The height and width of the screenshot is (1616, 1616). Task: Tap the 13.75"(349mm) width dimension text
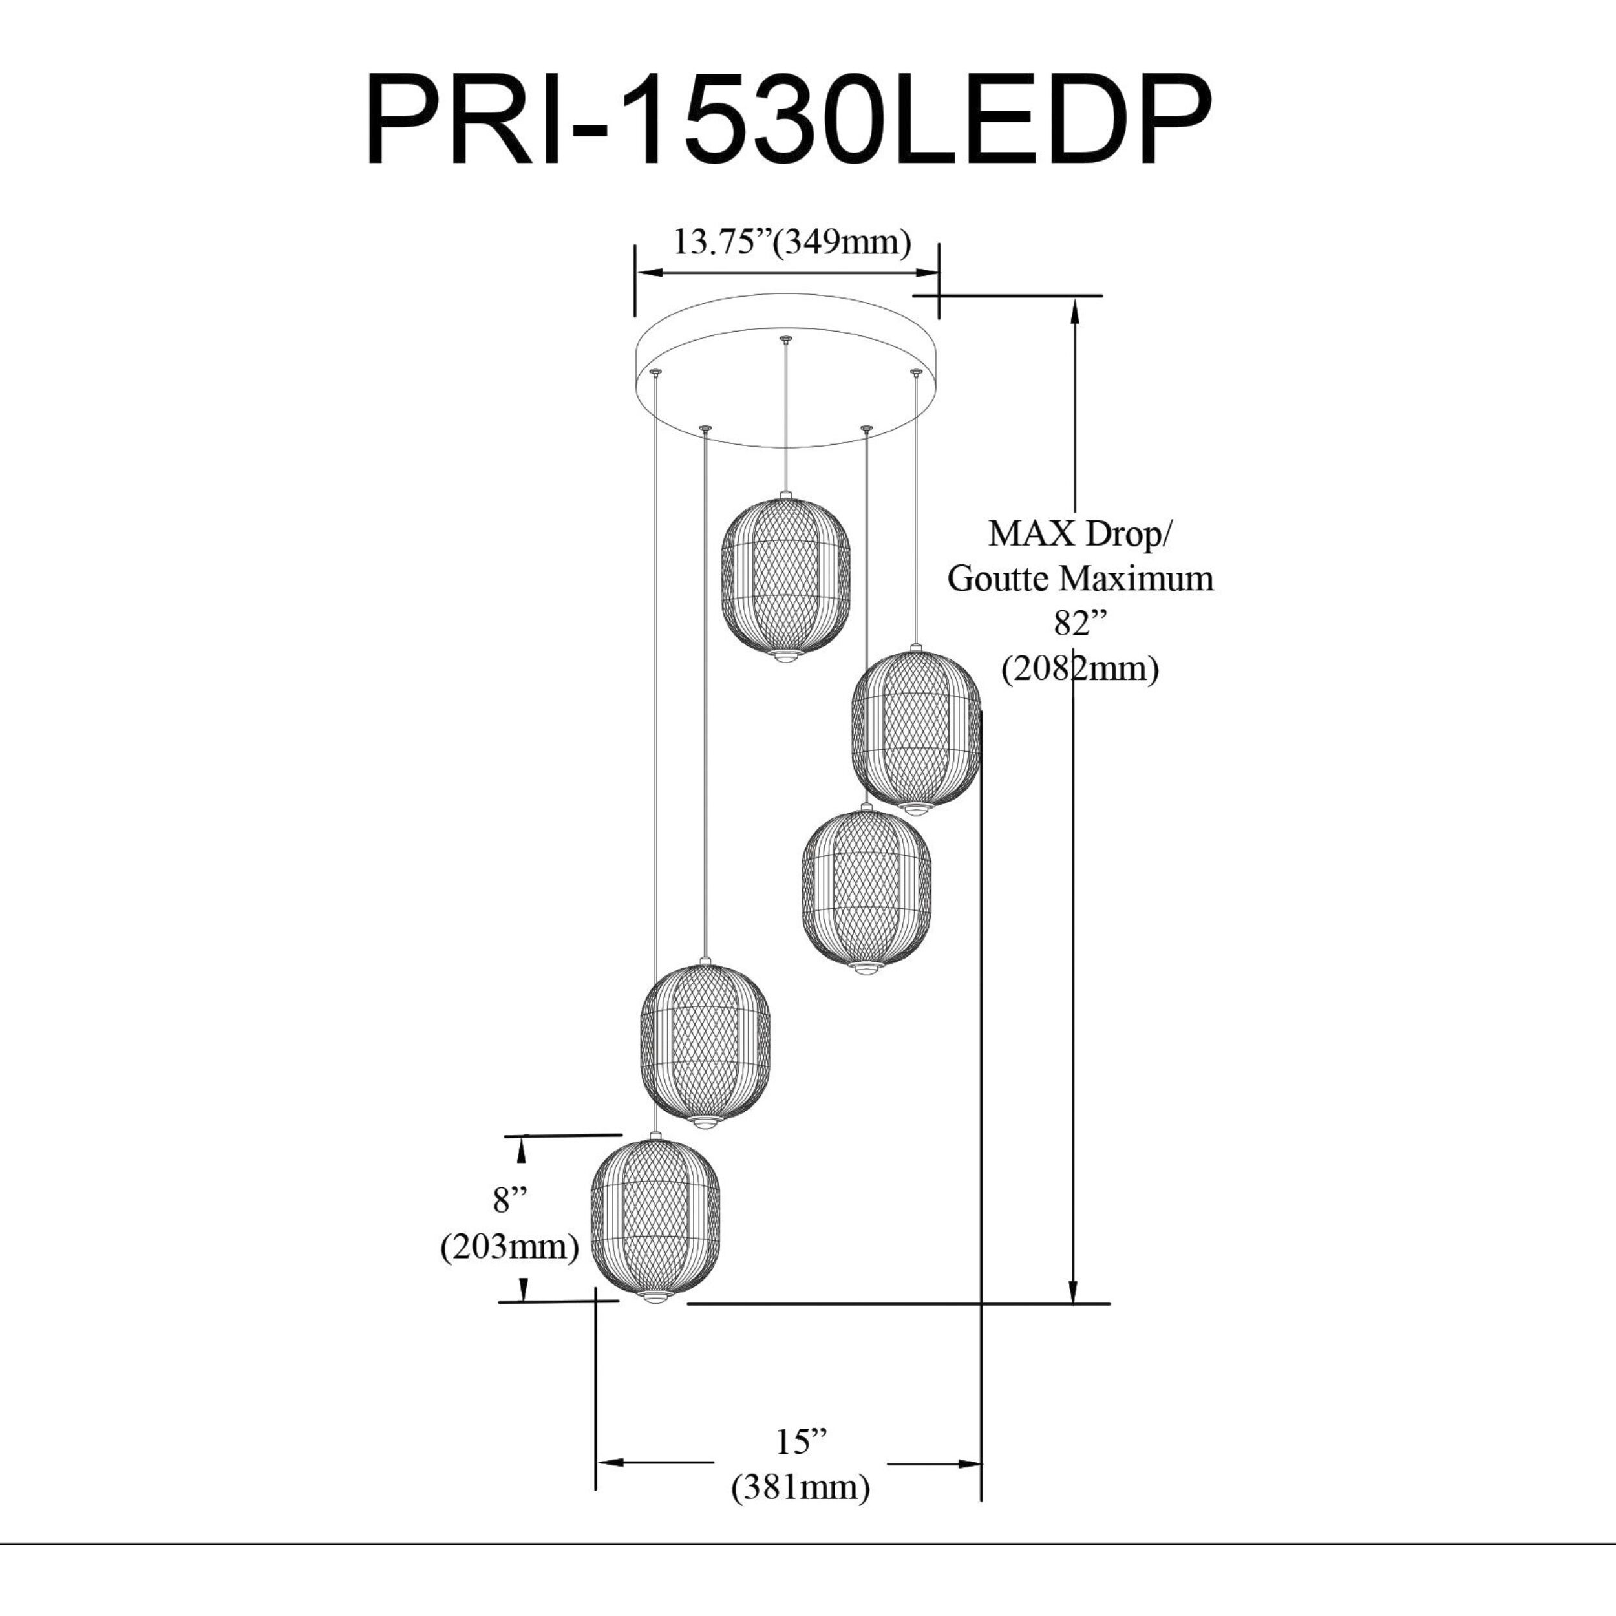[x=792, y=242]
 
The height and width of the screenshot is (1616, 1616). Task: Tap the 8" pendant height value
[x=510, y=1201]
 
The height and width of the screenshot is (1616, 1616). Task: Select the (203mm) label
[x=510, y=1246]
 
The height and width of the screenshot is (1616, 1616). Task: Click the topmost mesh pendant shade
[x=785, y=578]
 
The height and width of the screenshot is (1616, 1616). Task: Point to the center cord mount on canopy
[x=785, y=339]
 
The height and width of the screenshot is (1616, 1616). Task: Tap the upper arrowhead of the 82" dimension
[x=1075, y=310]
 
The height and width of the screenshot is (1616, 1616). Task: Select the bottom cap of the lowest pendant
[x=655, y=1297]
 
